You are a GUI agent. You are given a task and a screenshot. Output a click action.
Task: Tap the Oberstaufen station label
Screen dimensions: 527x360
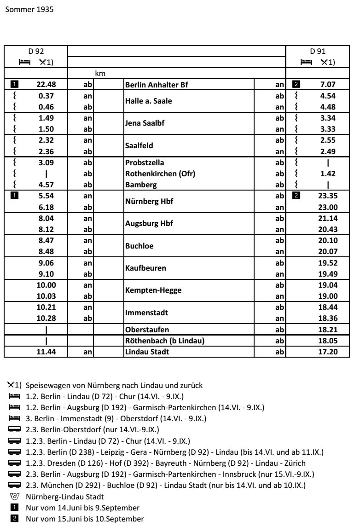click(145, 330)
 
